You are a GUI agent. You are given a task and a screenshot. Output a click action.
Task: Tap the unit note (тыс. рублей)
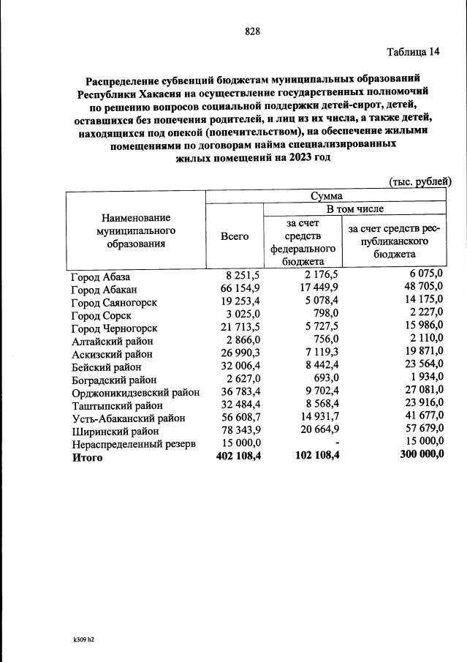(417, 181)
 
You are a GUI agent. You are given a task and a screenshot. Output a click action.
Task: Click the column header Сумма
(328, 195)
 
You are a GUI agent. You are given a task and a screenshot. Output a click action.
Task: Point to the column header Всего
(235, 236)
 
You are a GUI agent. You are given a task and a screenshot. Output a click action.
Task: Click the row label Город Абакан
(99, 289)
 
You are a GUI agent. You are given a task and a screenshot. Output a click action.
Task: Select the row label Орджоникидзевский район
(135, 392)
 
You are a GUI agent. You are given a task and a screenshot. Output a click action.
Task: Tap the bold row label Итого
(87, 458)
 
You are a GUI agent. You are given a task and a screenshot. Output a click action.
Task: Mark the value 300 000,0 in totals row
(422, 457)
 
